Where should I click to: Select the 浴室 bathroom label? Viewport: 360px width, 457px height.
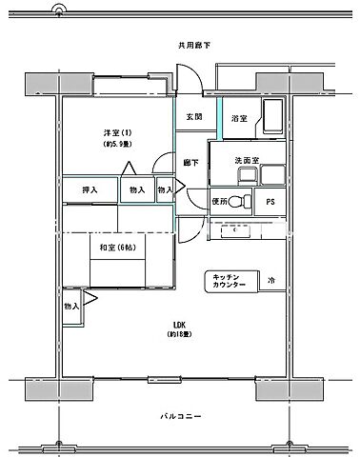coord(239,118)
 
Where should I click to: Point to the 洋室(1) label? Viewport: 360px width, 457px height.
coord(117,130)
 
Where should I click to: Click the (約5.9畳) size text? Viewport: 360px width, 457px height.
coord(117,144)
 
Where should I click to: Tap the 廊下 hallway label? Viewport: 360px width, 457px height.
coord(191,163)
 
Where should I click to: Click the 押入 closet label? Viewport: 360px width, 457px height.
coord(90,190)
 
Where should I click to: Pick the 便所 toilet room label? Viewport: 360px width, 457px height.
coord(221,202)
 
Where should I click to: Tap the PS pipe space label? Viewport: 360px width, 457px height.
coord(270,202)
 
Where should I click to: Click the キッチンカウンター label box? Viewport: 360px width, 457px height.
coord(230,282)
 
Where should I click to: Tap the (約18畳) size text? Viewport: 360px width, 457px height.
coord(179,335)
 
